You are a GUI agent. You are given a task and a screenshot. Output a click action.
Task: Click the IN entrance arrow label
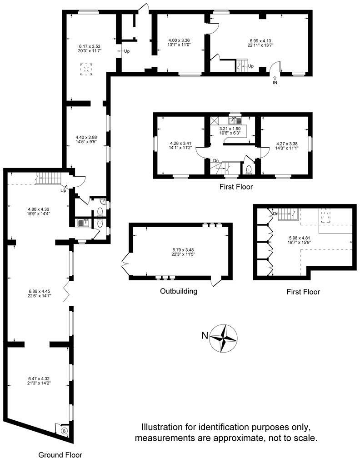pyautogui.click(x=275, y=83)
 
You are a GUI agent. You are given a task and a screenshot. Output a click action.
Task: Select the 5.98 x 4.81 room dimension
pyautogui.click(x=299, y=239)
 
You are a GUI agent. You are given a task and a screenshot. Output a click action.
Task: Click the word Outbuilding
pyautogui.click(x=179, y=291)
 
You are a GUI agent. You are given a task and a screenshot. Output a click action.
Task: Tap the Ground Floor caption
pyautogui.click(x=60, y=454)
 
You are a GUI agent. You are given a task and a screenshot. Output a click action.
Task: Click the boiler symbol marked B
pyautogui.click(x=64, y=430)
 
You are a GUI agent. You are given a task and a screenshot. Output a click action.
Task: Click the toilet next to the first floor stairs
pyautogui.click(x=248, y=170)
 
